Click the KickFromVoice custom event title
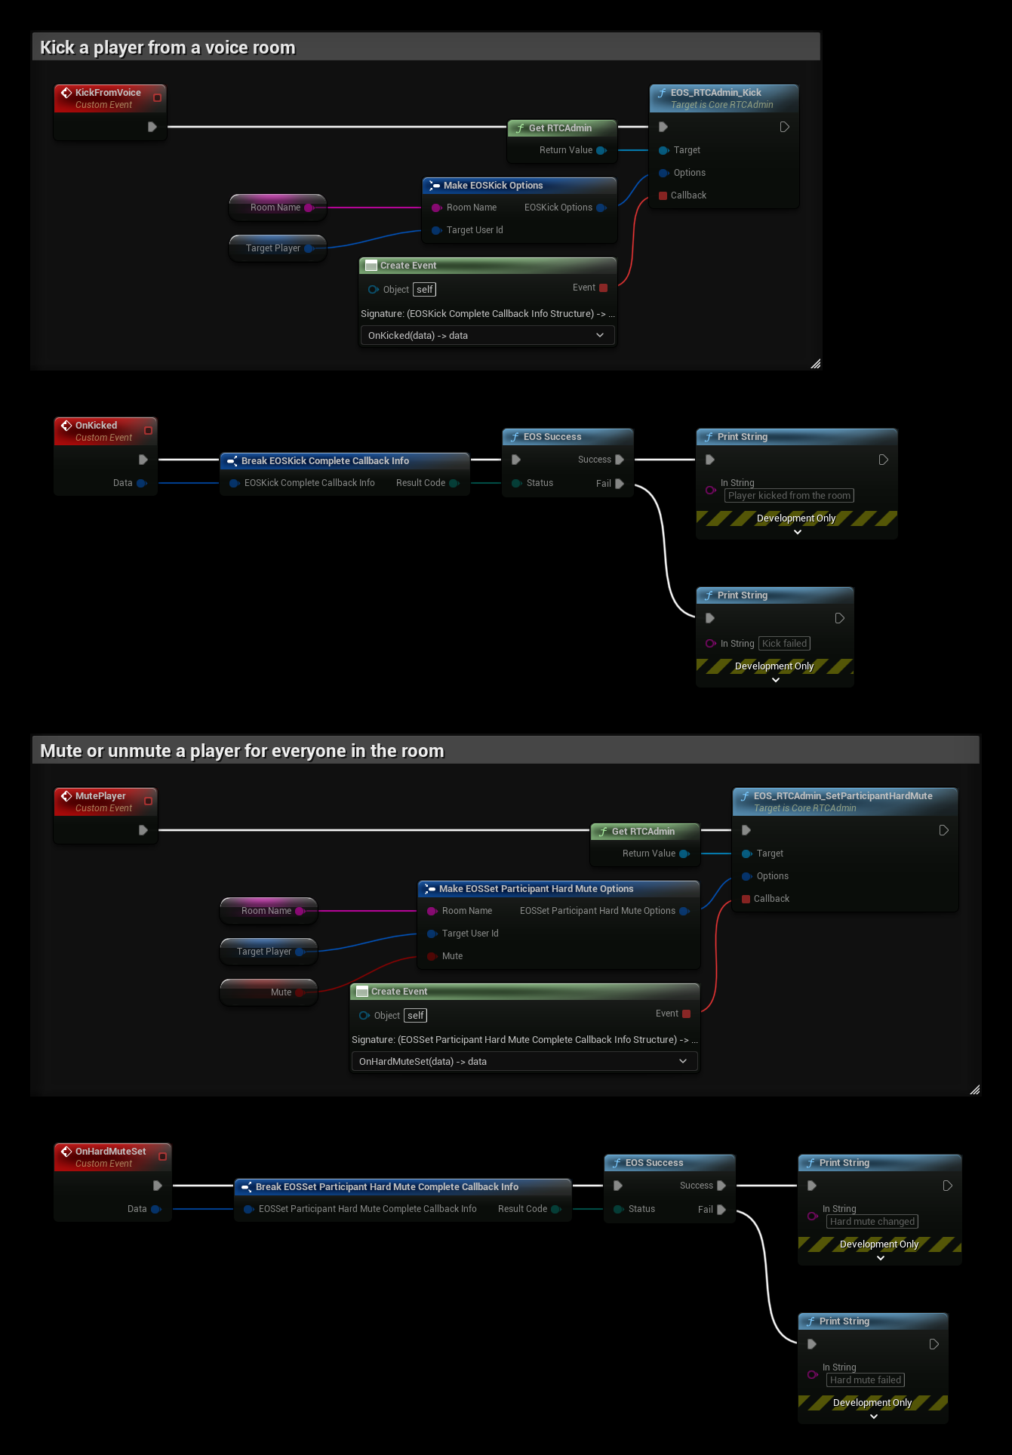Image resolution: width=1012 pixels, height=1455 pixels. (108, 93)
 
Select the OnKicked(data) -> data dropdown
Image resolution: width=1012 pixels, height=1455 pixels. (488, 335)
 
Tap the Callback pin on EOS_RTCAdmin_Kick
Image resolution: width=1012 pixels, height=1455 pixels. (663, 195)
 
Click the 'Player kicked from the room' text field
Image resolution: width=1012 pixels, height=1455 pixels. (789, 496)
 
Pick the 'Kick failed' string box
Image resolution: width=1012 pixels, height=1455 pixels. (784, 644)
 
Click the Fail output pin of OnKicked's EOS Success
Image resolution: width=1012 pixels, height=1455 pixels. (620, 484)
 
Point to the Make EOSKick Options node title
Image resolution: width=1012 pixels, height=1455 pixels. (493, 186)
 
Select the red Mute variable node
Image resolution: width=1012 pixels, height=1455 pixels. (269, 992)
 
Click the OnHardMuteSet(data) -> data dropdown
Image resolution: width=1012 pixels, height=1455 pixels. (524, 1061)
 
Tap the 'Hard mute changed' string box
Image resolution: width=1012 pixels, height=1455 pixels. (872, 1222)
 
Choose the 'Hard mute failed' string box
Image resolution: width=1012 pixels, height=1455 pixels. (866, 1380)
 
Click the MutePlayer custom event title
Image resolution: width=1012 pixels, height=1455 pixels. (100, 796)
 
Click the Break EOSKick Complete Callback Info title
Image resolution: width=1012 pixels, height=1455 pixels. (325, 461)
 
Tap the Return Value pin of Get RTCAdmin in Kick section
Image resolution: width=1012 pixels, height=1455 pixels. (601, 150)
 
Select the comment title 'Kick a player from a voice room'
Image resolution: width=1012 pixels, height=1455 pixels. (168, 48)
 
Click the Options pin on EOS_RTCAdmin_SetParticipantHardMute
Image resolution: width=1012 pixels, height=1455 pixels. (747, 876)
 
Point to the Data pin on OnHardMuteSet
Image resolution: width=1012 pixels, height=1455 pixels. (156, 1209)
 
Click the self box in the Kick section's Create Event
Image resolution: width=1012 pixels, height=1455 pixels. (425, 290)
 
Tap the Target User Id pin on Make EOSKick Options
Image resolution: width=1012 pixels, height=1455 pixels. (436, 230)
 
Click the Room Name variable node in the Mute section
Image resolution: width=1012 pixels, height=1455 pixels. (269, 911)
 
